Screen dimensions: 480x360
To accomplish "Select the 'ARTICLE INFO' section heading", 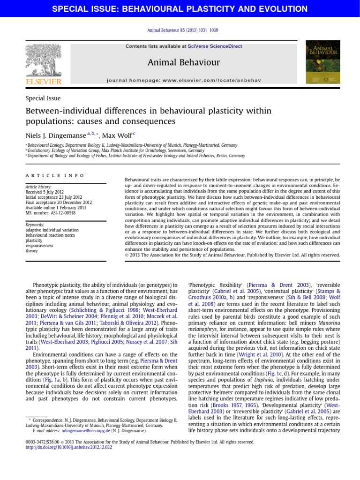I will point(55,175).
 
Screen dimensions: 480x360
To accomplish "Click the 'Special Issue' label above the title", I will point(43,98).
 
